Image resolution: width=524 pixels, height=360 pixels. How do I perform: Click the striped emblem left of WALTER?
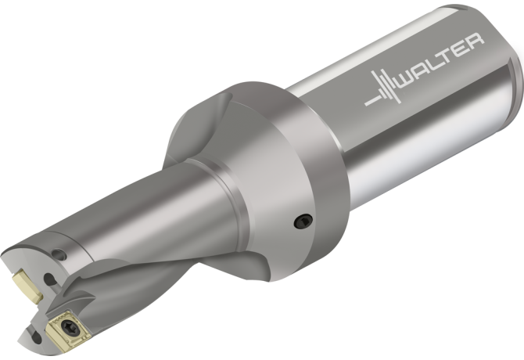coord(383,88)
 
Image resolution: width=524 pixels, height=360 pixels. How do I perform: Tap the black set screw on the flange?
coord(303,221)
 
